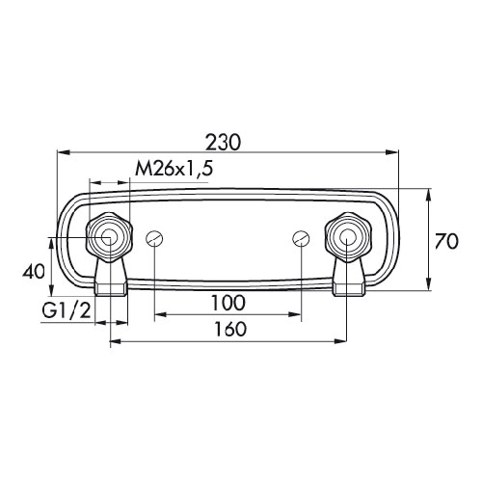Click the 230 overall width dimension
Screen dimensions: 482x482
[x=223, y=143]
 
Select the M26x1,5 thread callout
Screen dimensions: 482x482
[x=174, y=169]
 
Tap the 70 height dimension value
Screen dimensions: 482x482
[x=446, y=241]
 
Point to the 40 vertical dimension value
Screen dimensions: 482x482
[x=34, y=272]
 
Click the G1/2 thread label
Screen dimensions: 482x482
[x=67, y=310]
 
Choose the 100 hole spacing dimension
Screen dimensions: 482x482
[x=228, y=303]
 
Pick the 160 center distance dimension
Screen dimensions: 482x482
[x=230, y=329]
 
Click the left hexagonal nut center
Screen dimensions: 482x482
[x=110, y=237]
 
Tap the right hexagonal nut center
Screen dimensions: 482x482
[x=348, y=237]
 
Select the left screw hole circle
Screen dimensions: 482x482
[x=154, y=239]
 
